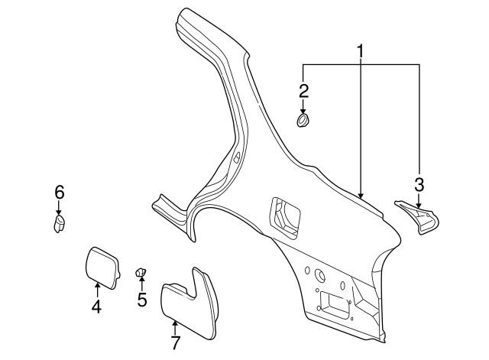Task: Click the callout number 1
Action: (x=360, y=52)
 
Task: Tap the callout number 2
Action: (x=303, y=92)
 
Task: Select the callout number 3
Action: (x=419, y=184)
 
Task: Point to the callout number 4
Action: (x=97, y=307)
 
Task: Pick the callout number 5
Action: (x=142, y=299)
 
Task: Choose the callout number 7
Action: (x=175, y=343)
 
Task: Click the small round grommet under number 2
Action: (x=304, y=121)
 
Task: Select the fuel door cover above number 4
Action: (x=101, y=264)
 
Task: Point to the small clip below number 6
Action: (x=59, y=223)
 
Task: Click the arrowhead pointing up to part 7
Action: (x=175, y=323)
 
